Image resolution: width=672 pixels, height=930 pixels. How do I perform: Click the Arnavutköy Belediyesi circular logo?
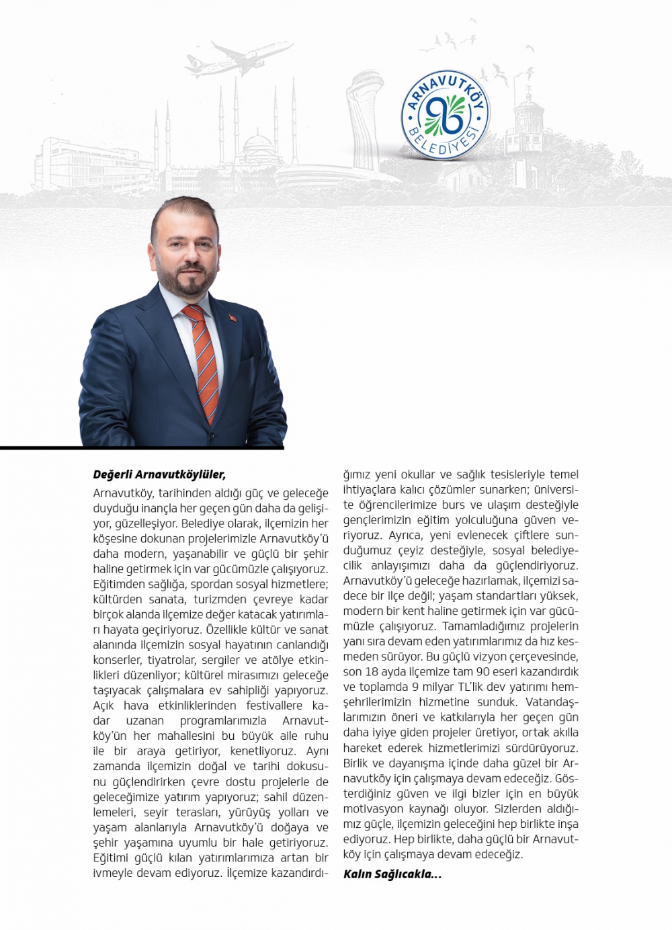[x=444, y=116]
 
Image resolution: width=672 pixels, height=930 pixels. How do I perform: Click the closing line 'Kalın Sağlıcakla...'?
[x=392, y=874]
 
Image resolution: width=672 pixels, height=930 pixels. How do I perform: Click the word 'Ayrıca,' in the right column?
[x=405, y=536]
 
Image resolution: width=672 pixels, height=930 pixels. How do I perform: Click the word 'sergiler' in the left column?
[x=221, y=660]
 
